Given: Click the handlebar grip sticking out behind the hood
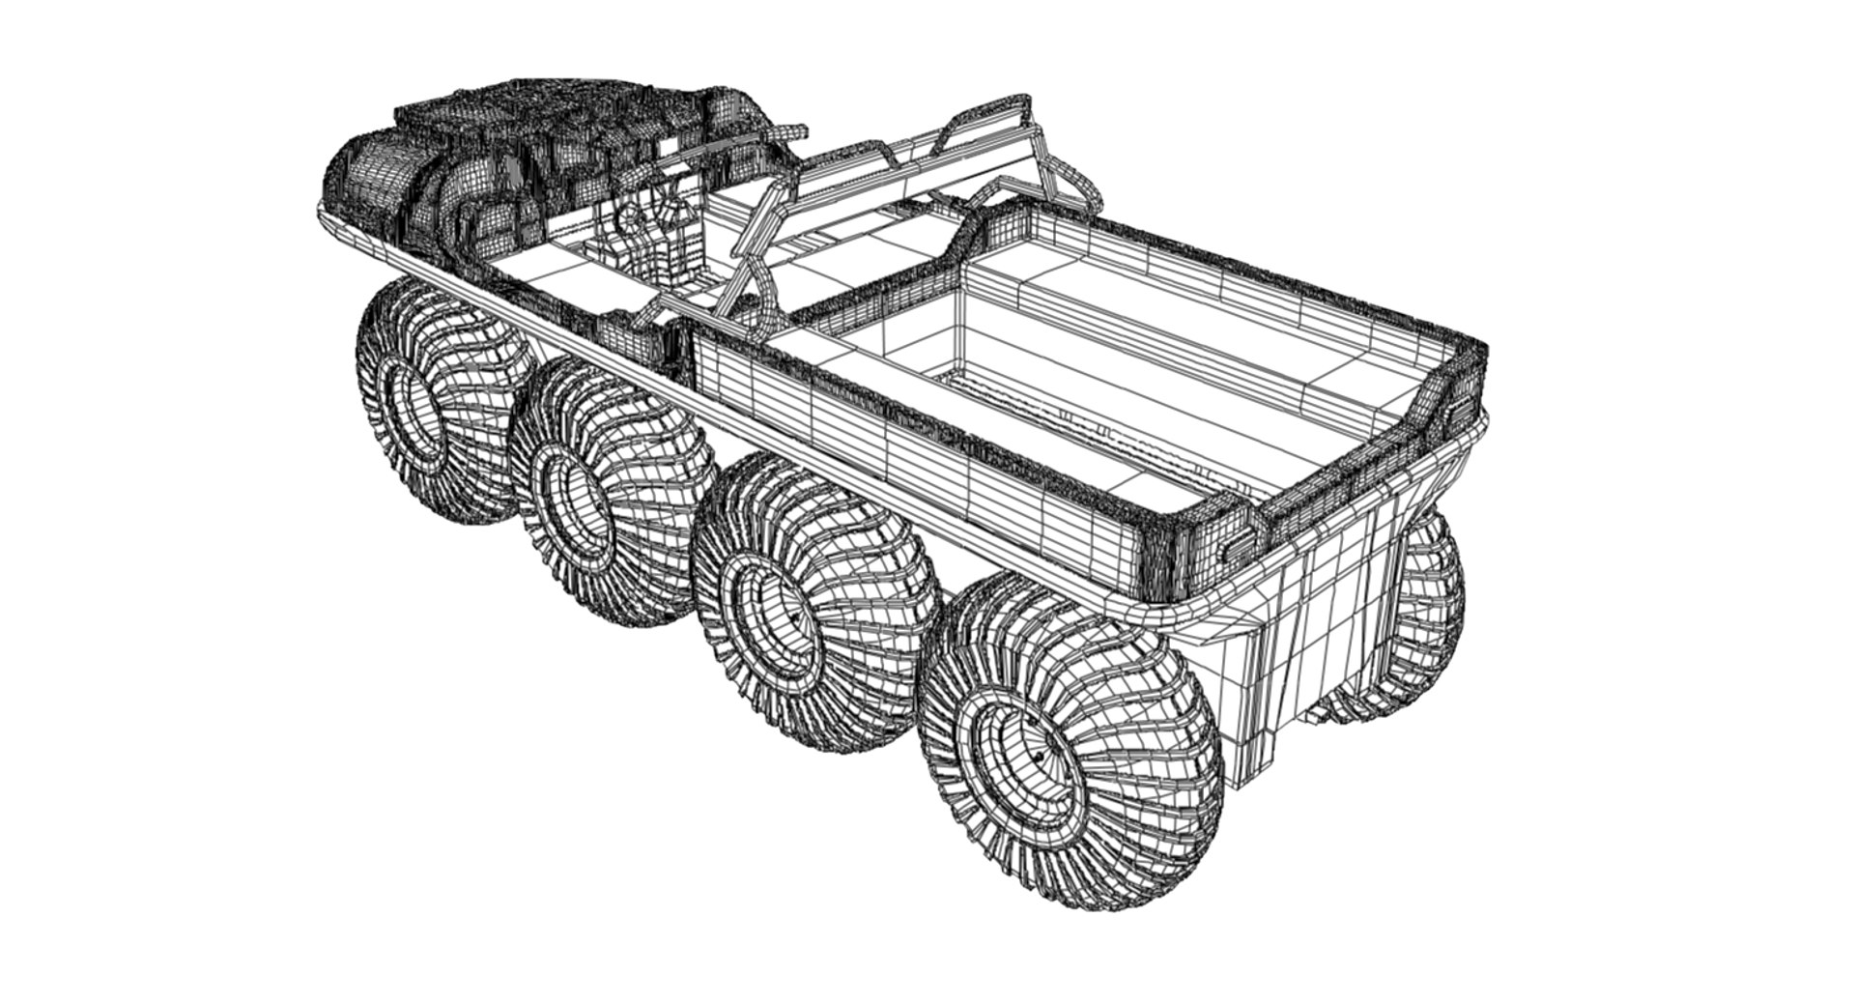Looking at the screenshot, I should (787, 130).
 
